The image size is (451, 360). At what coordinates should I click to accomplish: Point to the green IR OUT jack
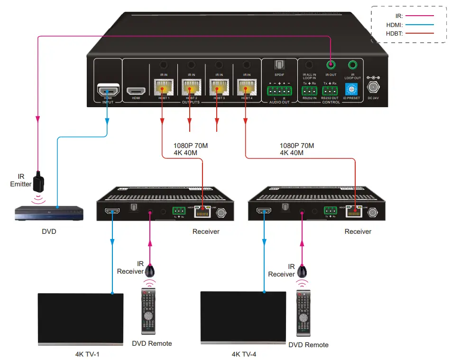click(x=331, y=65)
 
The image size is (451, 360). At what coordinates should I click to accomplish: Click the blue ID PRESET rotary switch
click(x=351, y=89)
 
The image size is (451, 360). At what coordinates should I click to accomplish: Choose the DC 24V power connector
click(x=374, y=88)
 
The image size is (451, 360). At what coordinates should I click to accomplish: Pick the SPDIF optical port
click(x=279, y=65)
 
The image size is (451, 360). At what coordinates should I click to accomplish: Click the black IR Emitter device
click(x=41, y=181)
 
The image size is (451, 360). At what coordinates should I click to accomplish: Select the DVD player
click(x=49, y=213)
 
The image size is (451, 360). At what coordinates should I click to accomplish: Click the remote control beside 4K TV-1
click(x=148, y=311)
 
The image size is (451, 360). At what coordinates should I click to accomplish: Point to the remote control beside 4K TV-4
click(x=304, y=313)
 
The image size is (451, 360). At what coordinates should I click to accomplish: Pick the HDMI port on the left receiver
click(x=113, y=212)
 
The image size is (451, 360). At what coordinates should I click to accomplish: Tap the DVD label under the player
click(x=49, y=233)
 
